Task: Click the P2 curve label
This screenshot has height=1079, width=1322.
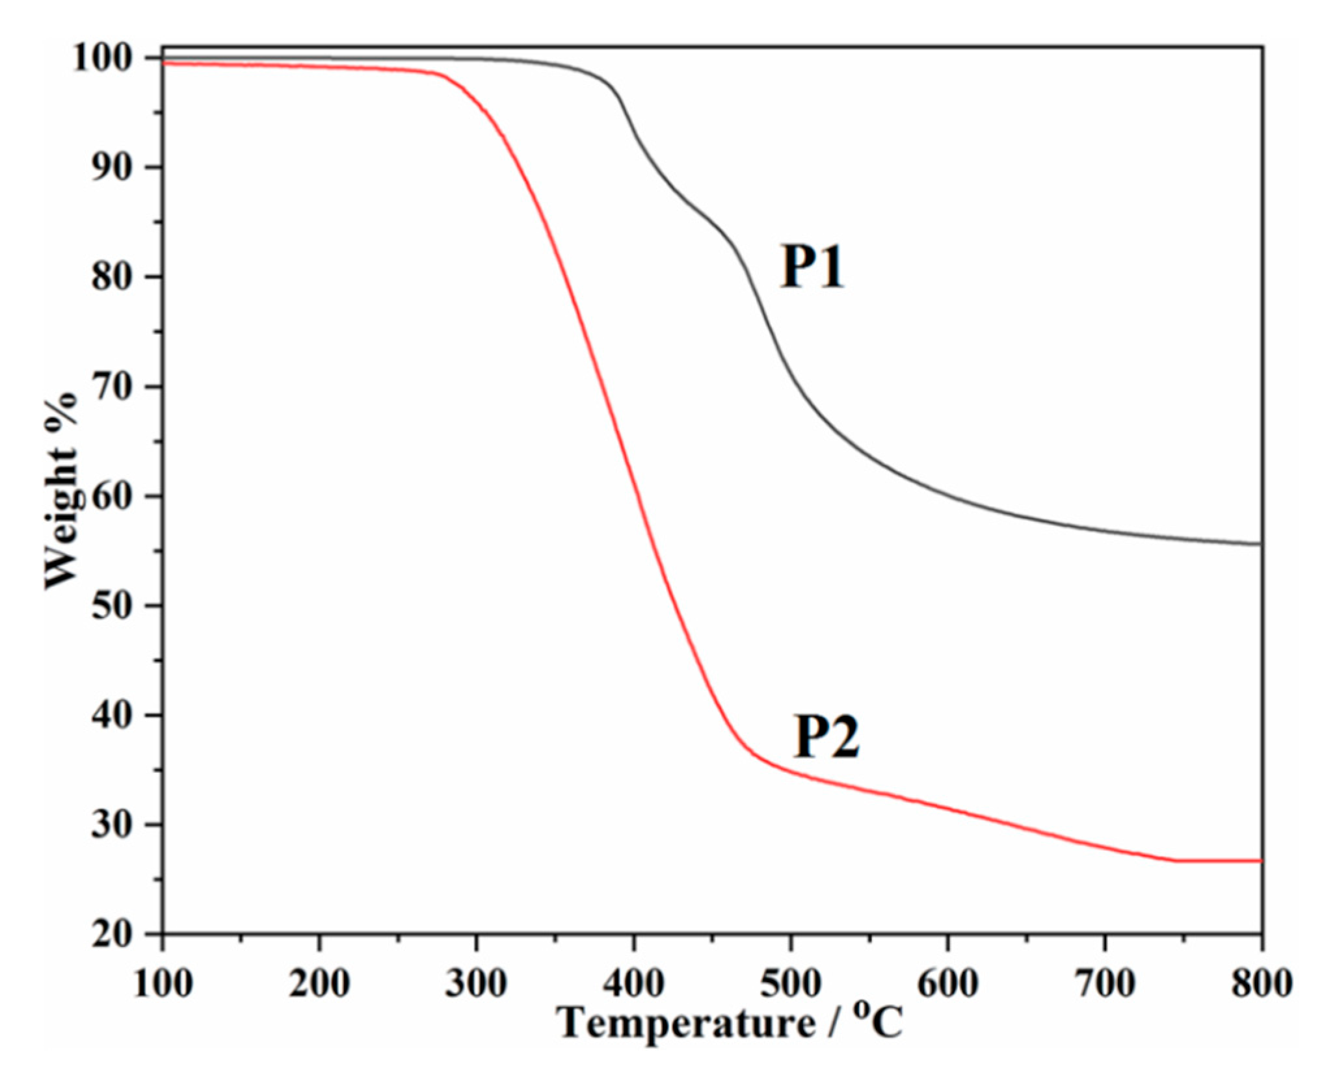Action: click(x=826, y=736)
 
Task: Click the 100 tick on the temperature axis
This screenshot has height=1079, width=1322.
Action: click(x=163, y=983)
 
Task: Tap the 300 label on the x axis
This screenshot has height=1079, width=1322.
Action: click(x=476, y=983)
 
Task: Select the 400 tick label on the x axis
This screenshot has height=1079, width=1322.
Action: click(x=633, y=983)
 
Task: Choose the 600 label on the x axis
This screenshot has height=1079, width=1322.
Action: click(x=947, y=983)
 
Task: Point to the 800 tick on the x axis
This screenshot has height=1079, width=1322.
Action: click(x=1261, y=983)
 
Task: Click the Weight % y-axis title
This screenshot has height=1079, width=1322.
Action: click(x=61, y=491)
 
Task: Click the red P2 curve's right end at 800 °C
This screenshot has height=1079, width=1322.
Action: click(x=1260, y=861)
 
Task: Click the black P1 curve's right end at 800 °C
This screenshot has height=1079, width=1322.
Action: click(x=1260, y=544)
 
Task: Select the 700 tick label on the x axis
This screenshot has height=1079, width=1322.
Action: click(x=1105, y=983)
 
